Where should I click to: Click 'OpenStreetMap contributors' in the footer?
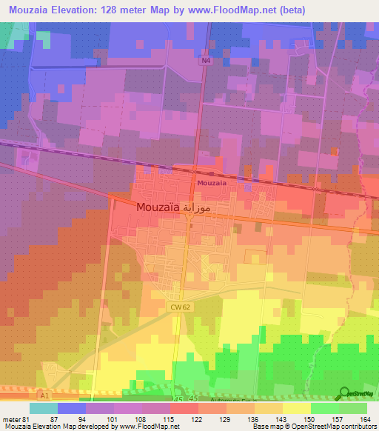coord(341,427)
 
